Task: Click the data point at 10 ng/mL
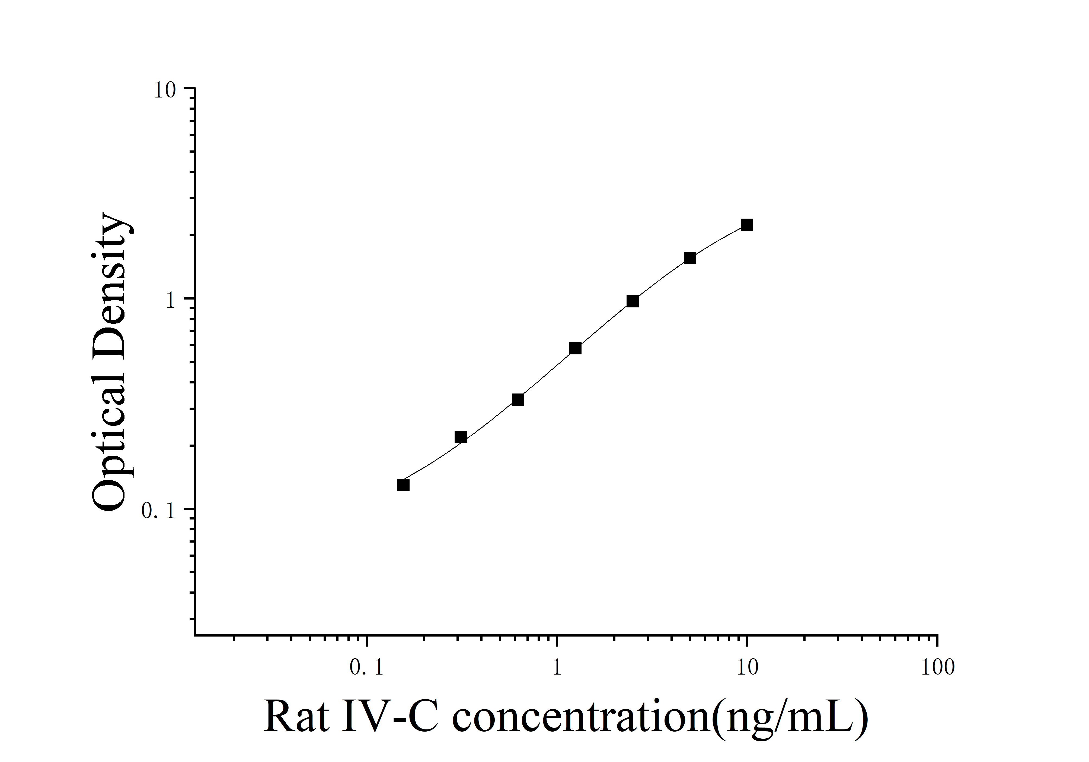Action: click(x=747, y=225)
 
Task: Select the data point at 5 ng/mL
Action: click(x=690, y=258)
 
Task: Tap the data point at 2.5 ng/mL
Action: click(x=632, y=301)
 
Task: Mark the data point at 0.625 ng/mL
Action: click(x=518, y=400)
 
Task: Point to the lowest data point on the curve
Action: click(x=403, y=485)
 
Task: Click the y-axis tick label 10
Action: click(x=165, y=90)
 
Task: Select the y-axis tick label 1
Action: click(x=171, y=301)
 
